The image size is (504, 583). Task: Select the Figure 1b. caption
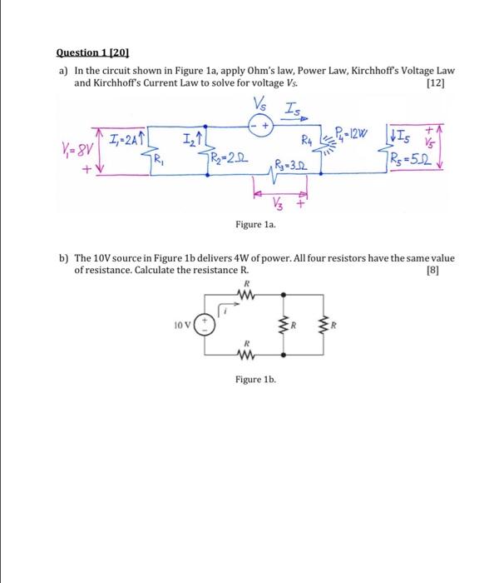click(x=255, y=379)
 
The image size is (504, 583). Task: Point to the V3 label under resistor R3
click(x=279, y=199)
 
